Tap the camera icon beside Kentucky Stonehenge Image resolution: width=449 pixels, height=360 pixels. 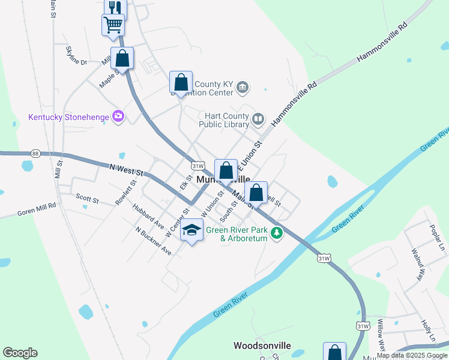coord(118,115)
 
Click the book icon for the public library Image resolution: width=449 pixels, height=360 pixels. coord(258,119)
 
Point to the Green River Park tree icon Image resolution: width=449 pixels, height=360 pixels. coord(276,233)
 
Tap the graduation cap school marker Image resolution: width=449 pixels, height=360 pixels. coord(192,230)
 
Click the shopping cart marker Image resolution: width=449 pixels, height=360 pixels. coord(113,25)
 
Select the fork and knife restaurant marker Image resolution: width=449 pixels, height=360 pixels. coord(115,7)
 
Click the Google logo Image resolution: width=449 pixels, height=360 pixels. coord(20,353)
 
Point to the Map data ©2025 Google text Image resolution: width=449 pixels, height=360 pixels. coord(412,355)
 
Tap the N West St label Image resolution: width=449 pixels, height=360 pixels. coord(127,172)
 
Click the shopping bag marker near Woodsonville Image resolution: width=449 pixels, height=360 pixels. coord(334,352)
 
